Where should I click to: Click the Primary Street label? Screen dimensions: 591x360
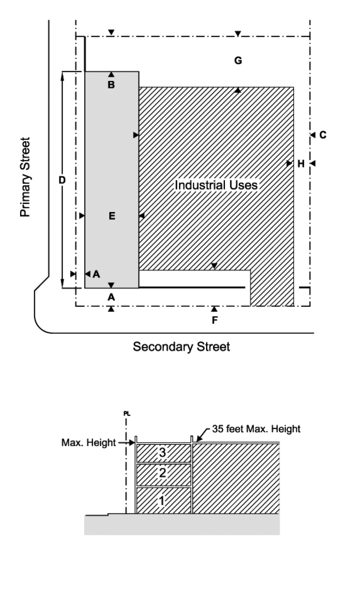click(x=25, y=177)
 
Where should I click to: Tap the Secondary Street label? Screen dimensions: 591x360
click(x=181, y=346)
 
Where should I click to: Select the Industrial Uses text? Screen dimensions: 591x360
click(x=216, y=185)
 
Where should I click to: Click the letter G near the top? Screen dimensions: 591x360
click(x=238, y=60)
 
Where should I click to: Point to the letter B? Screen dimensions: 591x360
click(x=111, y=85)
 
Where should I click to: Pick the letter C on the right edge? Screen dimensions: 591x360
click(x=323, y=135)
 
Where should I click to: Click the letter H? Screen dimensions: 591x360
click(x=301, y=164)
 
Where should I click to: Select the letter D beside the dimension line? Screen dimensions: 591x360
click(x=62, y=180)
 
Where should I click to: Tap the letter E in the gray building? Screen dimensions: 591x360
click(x=112, y=216)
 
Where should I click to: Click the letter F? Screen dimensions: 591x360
click(x=215, y=320)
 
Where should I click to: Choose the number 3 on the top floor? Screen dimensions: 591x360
click(x=163, y=453)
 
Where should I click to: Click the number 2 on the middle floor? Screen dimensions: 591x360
click(x=163, y=473)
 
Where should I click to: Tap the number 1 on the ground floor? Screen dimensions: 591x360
click(x=161, y=501)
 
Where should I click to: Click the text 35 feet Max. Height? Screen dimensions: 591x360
click(x=256, y=428)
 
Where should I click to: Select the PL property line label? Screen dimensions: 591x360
click(x=126, y=414)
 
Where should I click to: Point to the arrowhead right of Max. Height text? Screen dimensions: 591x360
click(x=132, y=443)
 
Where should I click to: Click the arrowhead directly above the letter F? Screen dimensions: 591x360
click(x=214, y=309)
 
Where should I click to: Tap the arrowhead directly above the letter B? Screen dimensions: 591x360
click(x=111, y=74)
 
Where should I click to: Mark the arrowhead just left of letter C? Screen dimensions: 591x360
click(x=312, y=135)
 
